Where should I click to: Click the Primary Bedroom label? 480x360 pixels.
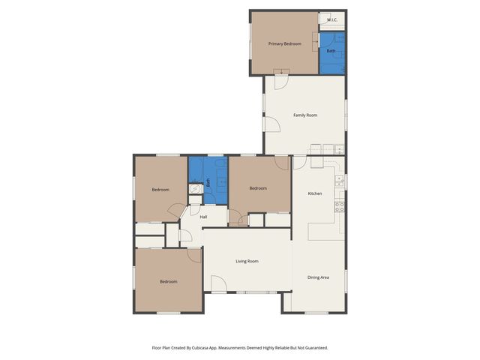pos(285,43)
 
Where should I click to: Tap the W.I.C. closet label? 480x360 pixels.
pos(331,19)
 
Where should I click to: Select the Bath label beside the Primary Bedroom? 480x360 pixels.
pos(331,51)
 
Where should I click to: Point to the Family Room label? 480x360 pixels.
pos(304,115)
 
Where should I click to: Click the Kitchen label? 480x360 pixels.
pos(315,193)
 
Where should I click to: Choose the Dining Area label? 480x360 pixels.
pos(318,277)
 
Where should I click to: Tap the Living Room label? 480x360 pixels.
pos(247,261)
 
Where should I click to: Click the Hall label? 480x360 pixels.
pos(203,217)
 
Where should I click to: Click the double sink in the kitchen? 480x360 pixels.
pos(340,180)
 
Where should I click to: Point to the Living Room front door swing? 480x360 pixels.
pos(218,283)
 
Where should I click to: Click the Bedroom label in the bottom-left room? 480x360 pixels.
pos(168,281)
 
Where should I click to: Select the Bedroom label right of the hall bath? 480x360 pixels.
pos(258,188)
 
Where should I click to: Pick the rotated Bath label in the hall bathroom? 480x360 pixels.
pos(208,181)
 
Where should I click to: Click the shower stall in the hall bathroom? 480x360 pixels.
pos(195,190)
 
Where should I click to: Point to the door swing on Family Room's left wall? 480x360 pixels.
pos(271,124)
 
